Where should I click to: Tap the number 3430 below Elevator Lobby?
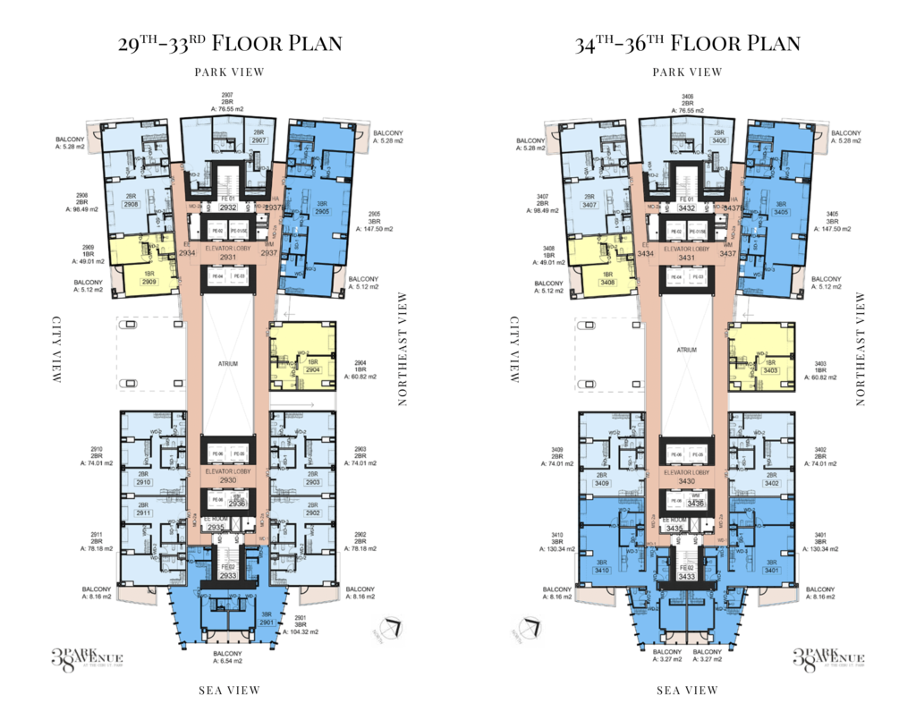[x=686, y=481]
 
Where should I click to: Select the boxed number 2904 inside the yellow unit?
[x=312, y=369]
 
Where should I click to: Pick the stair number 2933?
[x=228, y=576]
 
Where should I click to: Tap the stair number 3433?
[x=686, y=576]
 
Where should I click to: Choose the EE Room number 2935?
[x=216, y=528]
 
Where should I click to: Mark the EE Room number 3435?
[x=674, y=529]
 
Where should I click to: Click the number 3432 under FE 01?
[x=686, y=208]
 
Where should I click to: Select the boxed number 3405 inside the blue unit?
[x=781, y=212]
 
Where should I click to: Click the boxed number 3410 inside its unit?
[x=602, y=570]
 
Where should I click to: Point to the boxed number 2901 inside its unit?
[x=266, y=622]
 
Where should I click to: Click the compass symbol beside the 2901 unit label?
[x=389, y=630]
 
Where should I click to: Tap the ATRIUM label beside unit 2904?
[x=228, y=364]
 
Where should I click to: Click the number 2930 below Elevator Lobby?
[x=228, y=480]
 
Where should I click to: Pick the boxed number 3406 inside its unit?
[x=719, y=140]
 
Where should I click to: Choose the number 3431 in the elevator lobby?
[x=686, y=258]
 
